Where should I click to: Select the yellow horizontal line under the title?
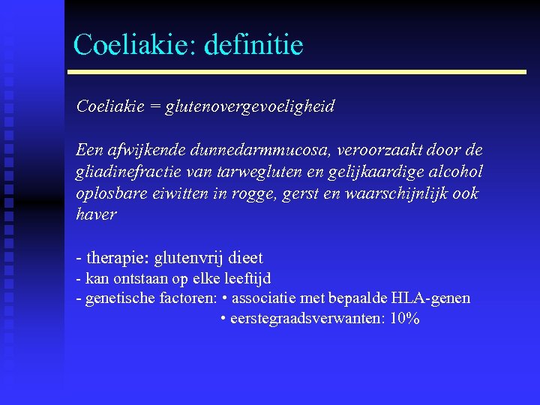point(297,72)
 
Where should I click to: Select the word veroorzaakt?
point(360,150)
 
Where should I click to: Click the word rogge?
point(262,193)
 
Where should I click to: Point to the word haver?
point(97,215)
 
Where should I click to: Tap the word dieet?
point(245,259)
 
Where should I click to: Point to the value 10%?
point(404,319)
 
